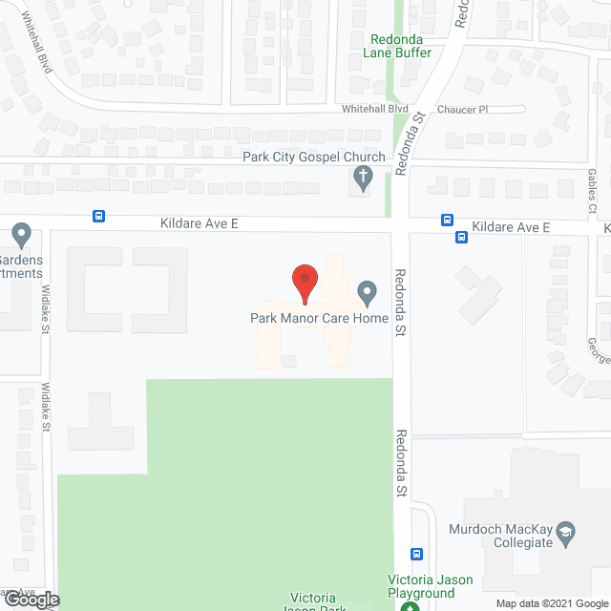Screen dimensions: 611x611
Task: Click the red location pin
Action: click(x=304, y=284)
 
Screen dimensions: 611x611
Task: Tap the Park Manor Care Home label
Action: click(x=319, y=318)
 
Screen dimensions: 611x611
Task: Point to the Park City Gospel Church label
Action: click(x=314, y=157)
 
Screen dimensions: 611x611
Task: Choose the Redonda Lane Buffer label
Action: click(x=400, y=48)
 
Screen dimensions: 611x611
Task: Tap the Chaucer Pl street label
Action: click(x=461, y=110)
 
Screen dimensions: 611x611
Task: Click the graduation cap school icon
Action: click(x=566, y=531)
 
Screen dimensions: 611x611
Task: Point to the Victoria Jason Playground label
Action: click(x=421, y=586)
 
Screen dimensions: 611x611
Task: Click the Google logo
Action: click(x=31, y=600)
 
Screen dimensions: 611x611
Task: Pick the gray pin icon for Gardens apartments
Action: click(x=22, y=234)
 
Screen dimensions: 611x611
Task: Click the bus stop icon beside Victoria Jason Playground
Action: click(x=417, y=554)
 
